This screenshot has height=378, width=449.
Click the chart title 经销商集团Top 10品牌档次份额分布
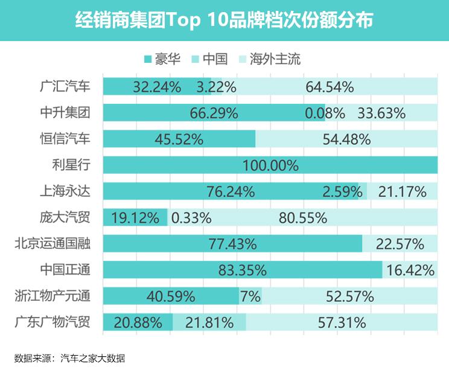pyautogui.click(x=224, y=21)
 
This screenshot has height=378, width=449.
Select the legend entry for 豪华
pyautogui.click(x=165, y=59)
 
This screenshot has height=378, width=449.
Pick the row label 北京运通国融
pyautogui.click(x=52, y=243)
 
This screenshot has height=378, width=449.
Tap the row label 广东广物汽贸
pyautogui.click(x=52, y=322)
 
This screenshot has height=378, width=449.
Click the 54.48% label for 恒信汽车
pyautogui.click(x=346, y=139)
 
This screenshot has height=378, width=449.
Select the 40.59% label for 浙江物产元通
pyautogui.click(x=171, y=296)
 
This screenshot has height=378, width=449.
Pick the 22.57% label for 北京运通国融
pyautogui.click(x=399, y=244)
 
